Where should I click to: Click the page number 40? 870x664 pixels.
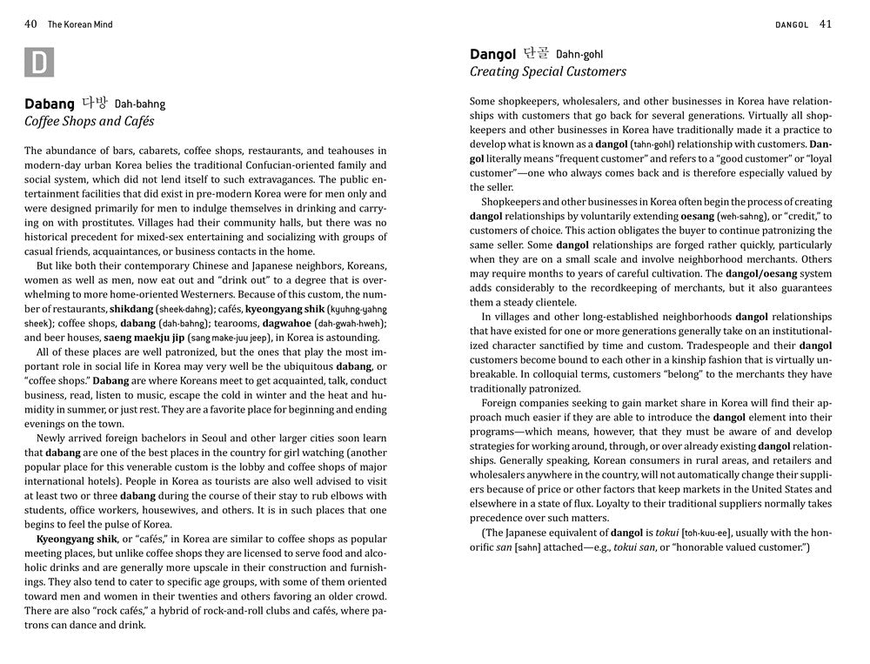click(x=30, y=24)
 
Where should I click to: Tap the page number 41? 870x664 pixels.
click(x=825, y=24)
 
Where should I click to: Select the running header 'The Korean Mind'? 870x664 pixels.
click(x=80, y=24)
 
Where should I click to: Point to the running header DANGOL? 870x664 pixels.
click(x=792, y=24)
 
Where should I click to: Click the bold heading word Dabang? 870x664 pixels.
click(x=50, y=104)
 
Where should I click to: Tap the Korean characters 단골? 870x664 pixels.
click(x=536, y=54)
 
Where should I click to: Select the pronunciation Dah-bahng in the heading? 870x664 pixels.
click(x=139, y=104)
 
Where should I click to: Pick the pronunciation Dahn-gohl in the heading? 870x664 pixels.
click(x=579, y=55)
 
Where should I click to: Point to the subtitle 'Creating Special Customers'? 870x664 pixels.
click(x=547, y=72)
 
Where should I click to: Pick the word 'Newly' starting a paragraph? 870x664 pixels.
click(x=54, y=438)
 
